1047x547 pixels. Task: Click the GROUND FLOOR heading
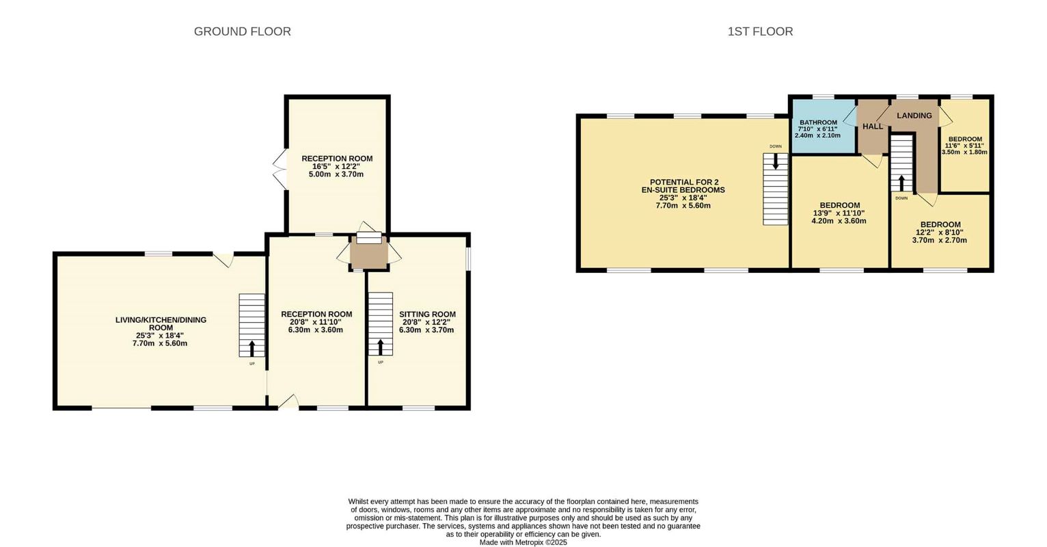coord(242,31)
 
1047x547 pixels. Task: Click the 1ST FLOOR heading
coord(760,31)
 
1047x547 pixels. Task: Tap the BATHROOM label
coord(818,122)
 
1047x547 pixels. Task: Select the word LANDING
coord(914,116)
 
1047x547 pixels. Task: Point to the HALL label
coord(873,126)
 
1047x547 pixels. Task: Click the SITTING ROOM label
coord(427,314)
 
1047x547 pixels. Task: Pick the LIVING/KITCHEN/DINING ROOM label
coord(161,323)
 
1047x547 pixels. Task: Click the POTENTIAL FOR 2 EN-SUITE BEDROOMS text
coord(683,186)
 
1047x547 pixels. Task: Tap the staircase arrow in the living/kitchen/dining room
coord(252,348)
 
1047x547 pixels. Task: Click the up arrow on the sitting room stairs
coord(380,347)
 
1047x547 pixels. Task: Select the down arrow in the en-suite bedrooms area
coord(776,161)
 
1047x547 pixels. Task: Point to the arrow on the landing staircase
coord(901,183)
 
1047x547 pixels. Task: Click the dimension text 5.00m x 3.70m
coord(336,174)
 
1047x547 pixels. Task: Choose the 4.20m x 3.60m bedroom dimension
coord(839,221)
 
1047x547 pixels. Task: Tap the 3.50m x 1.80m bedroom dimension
coord(964,152)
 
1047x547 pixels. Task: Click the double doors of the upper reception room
coord(280,170)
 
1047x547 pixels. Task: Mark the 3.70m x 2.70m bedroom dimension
coord(940,240)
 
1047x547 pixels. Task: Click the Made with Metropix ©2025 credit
coord(523,542)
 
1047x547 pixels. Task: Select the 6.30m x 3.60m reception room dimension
coord(316,330)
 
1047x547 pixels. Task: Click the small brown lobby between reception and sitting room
coord(369,252)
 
